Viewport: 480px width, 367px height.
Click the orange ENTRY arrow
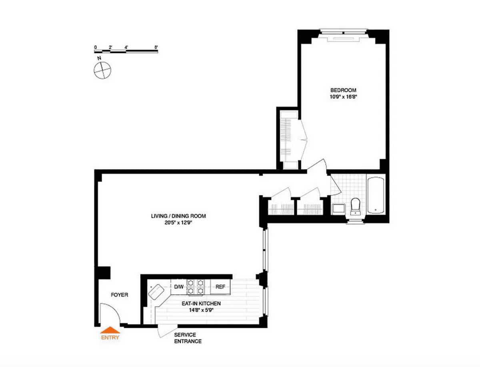[110, 330]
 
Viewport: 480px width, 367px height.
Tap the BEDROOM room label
[343, 90]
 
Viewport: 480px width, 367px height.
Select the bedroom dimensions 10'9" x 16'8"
[343, 97]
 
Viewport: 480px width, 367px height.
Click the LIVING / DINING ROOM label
[178, 216]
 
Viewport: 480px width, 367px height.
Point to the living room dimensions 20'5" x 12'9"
[178, 223]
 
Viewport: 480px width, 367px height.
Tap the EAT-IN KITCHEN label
[201, 303]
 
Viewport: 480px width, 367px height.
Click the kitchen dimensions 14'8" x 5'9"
[201, 310]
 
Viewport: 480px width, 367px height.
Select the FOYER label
[119, 295]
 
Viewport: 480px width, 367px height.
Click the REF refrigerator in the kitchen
[220, 287]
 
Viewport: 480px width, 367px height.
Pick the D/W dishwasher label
[179, 287]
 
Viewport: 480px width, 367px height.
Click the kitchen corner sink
[156, 292]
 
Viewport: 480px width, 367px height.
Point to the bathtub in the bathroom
[376, 195]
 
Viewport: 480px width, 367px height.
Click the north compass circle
[102, 70]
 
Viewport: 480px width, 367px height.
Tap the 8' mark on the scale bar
[156, 47]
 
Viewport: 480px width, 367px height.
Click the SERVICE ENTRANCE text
[188, 338]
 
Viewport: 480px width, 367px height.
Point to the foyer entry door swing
[110, 313]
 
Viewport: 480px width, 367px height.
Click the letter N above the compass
[99, 58]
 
